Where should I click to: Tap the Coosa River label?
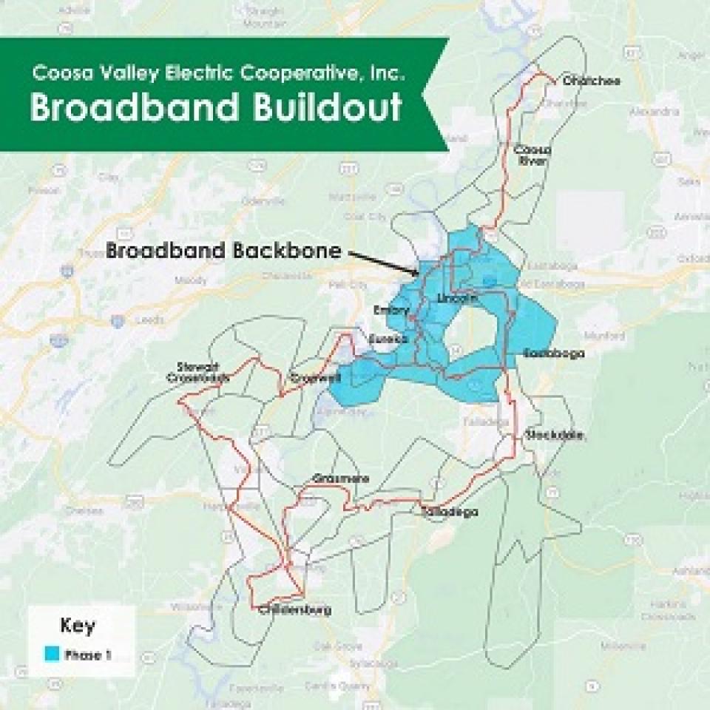(x=530, y=155)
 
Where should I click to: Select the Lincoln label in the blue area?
(x=457, y=298)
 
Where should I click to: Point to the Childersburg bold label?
(x=294, y=610)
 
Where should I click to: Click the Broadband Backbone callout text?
(x=224, y=250)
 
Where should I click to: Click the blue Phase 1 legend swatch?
(x=52, y=655)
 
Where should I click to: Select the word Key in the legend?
(x=78, y=627)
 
